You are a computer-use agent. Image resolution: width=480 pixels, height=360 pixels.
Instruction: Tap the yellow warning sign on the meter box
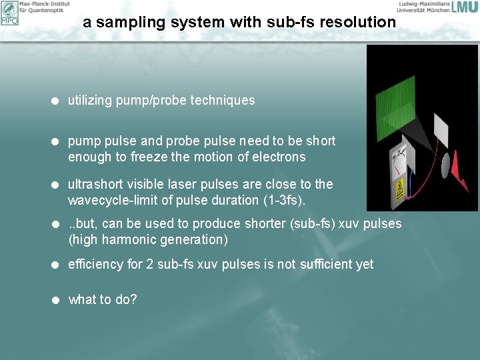coord(400,190)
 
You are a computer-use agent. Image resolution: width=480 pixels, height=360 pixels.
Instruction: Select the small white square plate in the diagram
coord(443,125)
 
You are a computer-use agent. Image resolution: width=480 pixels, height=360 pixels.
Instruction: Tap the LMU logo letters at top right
coord(464,7)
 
